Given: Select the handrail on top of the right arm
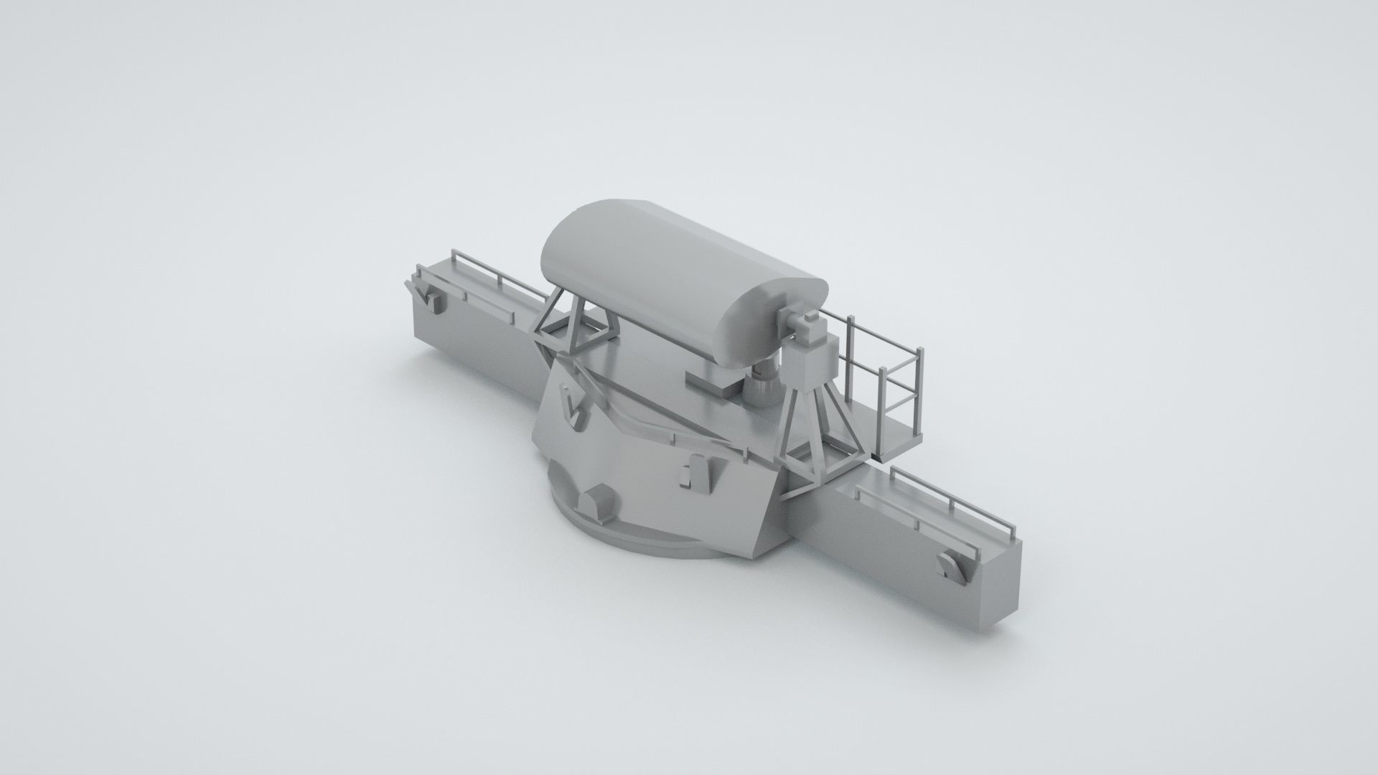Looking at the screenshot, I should (x=947, y=502).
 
